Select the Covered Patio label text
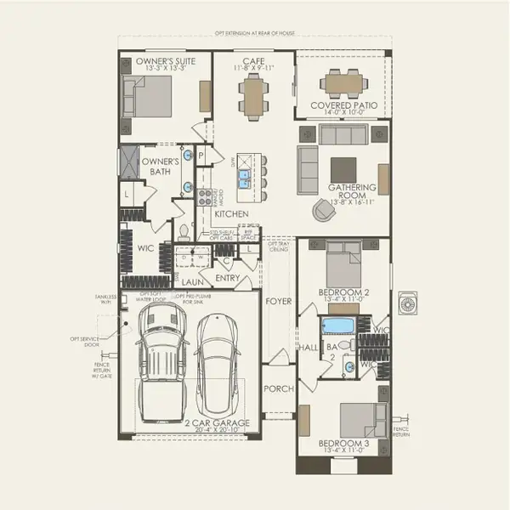(342, 106)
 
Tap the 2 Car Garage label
(216, 423)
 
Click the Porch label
(278, 388)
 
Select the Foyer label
(278, 301)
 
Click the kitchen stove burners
(204, 196)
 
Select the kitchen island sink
(243, 178)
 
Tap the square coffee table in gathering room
(343, 167)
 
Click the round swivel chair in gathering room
(324, 209)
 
